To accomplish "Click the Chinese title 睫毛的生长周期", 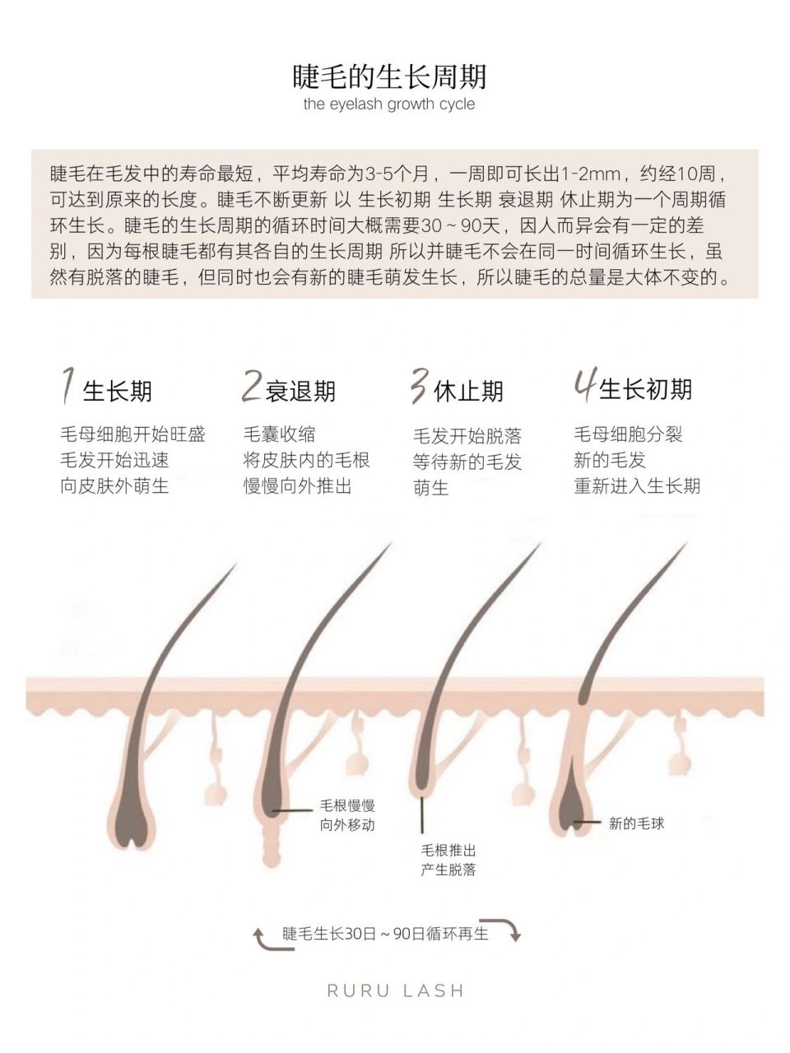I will coord(389,76).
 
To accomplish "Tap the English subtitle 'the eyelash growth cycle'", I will coord(388,104).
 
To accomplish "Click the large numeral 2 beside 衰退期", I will coord(251,386).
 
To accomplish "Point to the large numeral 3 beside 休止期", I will coord(419,386).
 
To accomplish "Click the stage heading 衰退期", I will coord(301,391).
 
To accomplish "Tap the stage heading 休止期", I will coord(468,391).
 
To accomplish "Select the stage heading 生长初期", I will coord(646,389).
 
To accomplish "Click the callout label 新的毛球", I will coord(636,823).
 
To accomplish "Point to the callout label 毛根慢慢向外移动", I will coord(347,815).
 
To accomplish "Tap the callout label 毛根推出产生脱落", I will coord(448,860).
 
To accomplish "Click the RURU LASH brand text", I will coord(396,990).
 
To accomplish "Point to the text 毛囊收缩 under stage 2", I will coord(279,434).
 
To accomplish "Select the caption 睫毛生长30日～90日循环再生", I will coord(385,934).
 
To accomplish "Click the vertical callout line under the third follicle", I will coord(423,814).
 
